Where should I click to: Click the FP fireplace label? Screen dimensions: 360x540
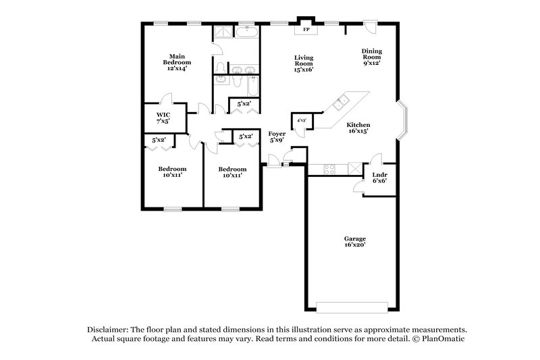tap(306, 30)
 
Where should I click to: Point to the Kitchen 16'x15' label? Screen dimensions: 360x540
tap(358, 128)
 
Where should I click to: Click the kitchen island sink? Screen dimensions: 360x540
tap(340, 103)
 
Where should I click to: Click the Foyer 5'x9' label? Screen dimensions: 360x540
tap(277, 138)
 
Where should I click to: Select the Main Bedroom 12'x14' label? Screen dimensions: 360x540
tap(177, 61)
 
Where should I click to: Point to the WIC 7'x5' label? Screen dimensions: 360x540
tap(163, 118)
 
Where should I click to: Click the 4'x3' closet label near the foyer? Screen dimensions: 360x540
tap(298, 120)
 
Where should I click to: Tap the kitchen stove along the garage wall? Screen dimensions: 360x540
tap(330, 170)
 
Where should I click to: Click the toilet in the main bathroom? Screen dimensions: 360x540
tap(220, 67)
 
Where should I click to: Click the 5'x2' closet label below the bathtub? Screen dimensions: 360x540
tap(244, 103)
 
